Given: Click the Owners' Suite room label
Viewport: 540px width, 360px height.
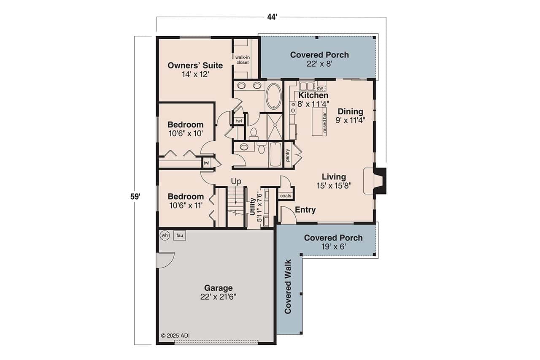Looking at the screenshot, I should tap(189, 69).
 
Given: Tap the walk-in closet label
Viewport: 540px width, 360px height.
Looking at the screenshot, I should tap(242, 60).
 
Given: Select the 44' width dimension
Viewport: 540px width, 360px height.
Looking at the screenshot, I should tap(272, 17).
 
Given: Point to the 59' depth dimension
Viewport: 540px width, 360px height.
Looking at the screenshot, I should tap(135, 196).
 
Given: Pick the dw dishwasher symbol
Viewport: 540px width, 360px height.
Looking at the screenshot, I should tap(319, 88).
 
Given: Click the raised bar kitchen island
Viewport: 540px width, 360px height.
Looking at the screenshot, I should tap(319, 121).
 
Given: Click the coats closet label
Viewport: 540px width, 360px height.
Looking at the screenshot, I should tap(286, 196).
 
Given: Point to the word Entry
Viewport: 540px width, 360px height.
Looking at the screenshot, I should tap(305, 210).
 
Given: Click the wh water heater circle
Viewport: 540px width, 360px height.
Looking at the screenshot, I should tap(165, 235).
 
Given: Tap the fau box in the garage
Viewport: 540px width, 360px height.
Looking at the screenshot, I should tap(179, 235).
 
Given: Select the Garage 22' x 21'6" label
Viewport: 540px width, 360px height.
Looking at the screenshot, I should tap(218, 292).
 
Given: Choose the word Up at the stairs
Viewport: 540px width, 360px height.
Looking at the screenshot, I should tap(236, 181).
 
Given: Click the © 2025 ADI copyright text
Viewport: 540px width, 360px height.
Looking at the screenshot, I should tap(175, 336).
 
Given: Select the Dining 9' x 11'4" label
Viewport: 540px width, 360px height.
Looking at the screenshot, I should tap(350, 115).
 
